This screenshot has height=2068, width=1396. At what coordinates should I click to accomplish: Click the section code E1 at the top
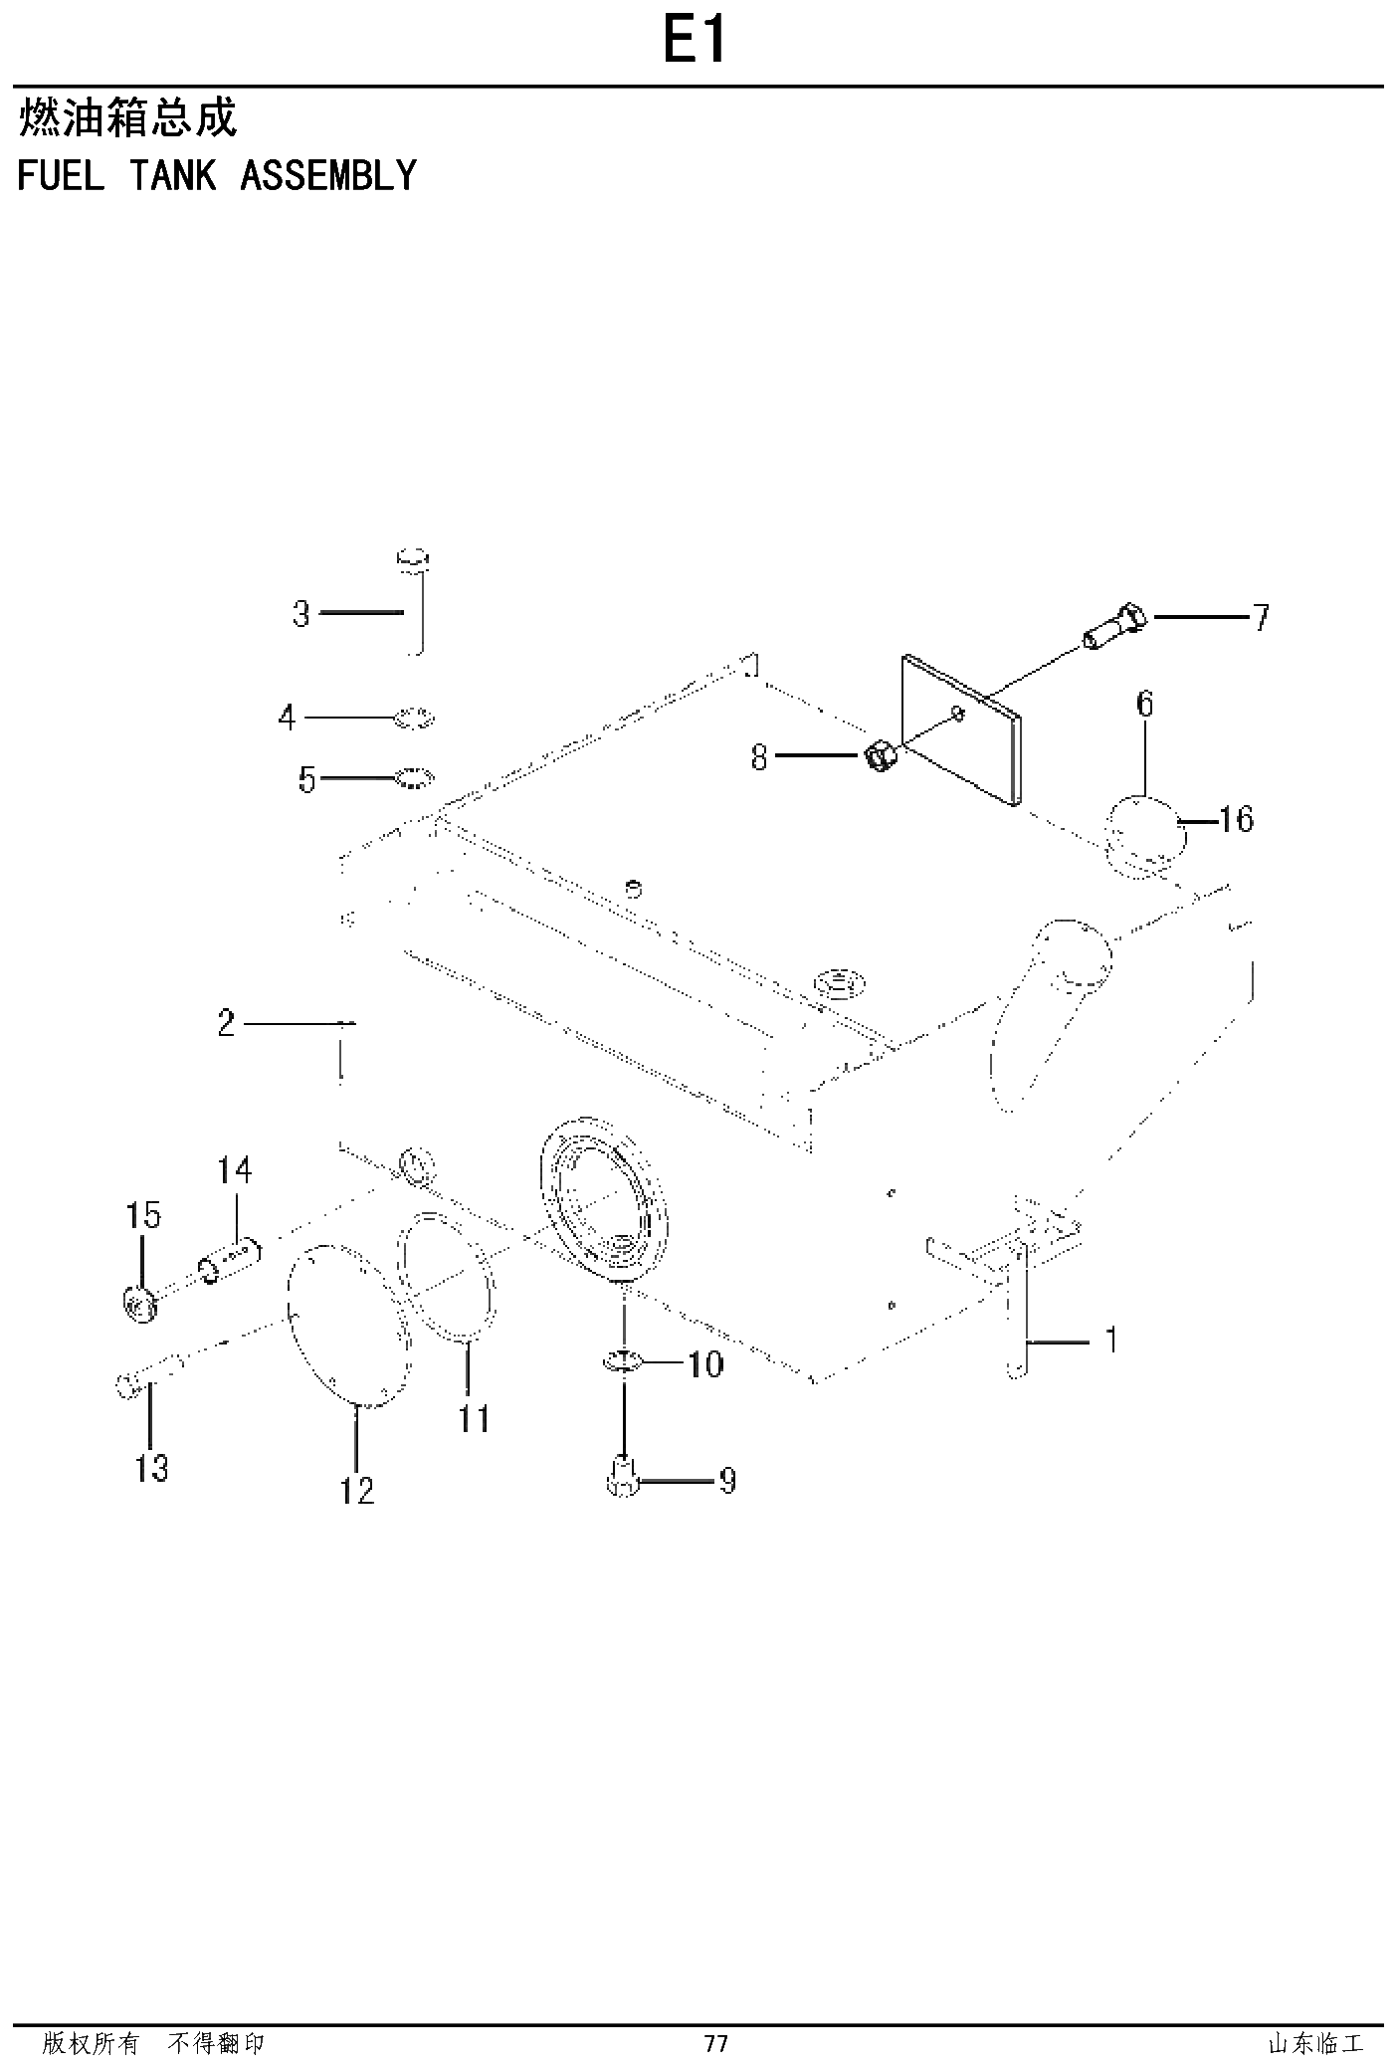point(696,43)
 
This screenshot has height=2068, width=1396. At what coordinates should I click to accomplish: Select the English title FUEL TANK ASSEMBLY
point(217,175)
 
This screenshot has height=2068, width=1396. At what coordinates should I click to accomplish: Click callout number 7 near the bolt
point(1261,618)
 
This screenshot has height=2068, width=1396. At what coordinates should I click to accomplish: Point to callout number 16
point(1236,819)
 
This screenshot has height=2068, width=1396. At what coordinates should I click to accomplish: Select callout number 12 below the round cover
point(357,1490)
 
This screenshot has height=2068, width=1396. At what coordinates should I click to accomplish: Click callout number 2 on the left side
point(226,1022)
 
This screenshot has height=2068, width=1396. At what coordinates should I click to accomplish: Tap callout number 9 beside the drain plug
point(727,1481)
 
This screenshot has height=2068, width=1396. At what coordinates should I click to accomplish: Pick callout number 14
point(235,1169)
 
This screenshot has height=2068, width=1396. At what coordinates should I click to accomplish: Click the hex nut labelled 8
point(880,756)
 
